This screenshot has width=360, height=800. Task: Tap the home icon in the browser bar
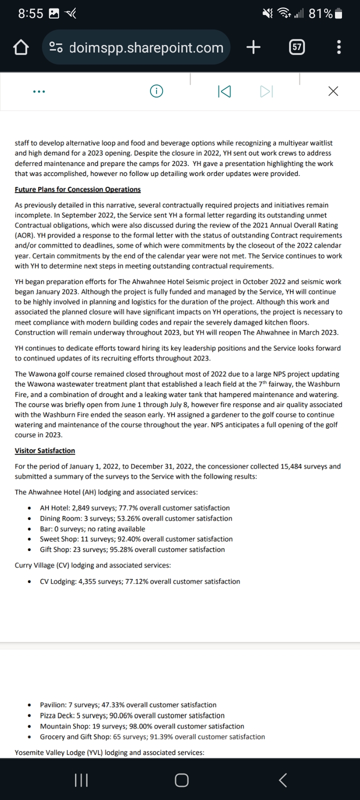20,48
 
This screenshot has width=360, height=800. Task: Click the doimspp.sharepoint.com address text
146,48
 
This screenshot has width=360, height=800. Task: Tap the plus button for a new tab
253,47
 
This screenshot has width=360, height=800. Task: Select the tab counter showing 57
297,47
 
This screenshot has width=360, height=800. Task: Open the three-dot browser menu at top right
339,47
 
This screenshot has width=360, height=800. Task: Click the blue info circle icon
156,91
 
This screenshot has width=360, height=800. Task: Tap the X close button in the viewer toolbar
333,91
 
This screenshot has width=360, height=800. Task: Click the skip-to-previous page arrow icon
224,91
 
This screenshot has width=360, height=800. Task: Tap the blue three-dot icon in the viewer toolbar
38,91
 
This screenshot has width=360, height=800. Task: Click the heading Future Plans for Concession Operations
77,189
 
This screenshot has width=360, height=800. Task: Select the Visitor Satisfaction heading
45,450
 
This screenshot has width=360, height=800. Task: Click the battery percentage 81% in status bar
320,13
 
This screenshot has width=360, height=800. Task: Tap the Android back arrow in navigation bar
282,780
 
